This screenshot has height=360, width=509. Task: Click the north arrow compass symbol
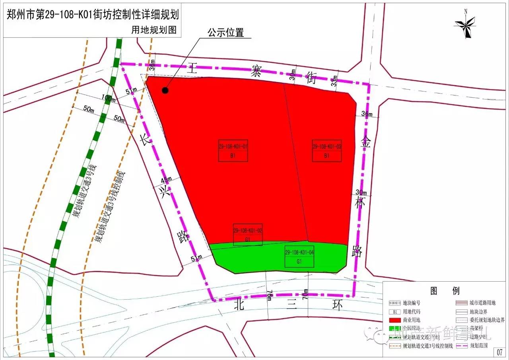click(x=466, y=25)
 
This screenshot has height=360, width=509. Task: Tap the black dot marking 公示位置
click(x=165, y=91)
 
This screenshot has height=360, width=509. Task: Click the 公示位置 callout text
click(x=225, y=33)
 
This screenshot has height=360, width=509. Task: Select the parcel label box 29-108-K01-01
click(x=233, y=150)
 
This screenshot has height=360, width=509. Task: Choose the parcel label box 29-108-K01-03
click(x=327, y=150)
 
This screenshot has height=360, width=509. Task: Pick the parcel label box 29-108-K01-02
click(x=248, y=234)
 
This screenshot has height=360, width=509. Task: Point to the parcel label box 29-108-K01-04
click(x=299, y=256)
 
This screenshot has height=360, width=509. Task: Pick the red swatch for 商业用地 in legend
click(x=394, y=320)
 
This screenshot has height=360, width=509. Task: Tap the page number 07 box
click(x=500, y=352)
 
